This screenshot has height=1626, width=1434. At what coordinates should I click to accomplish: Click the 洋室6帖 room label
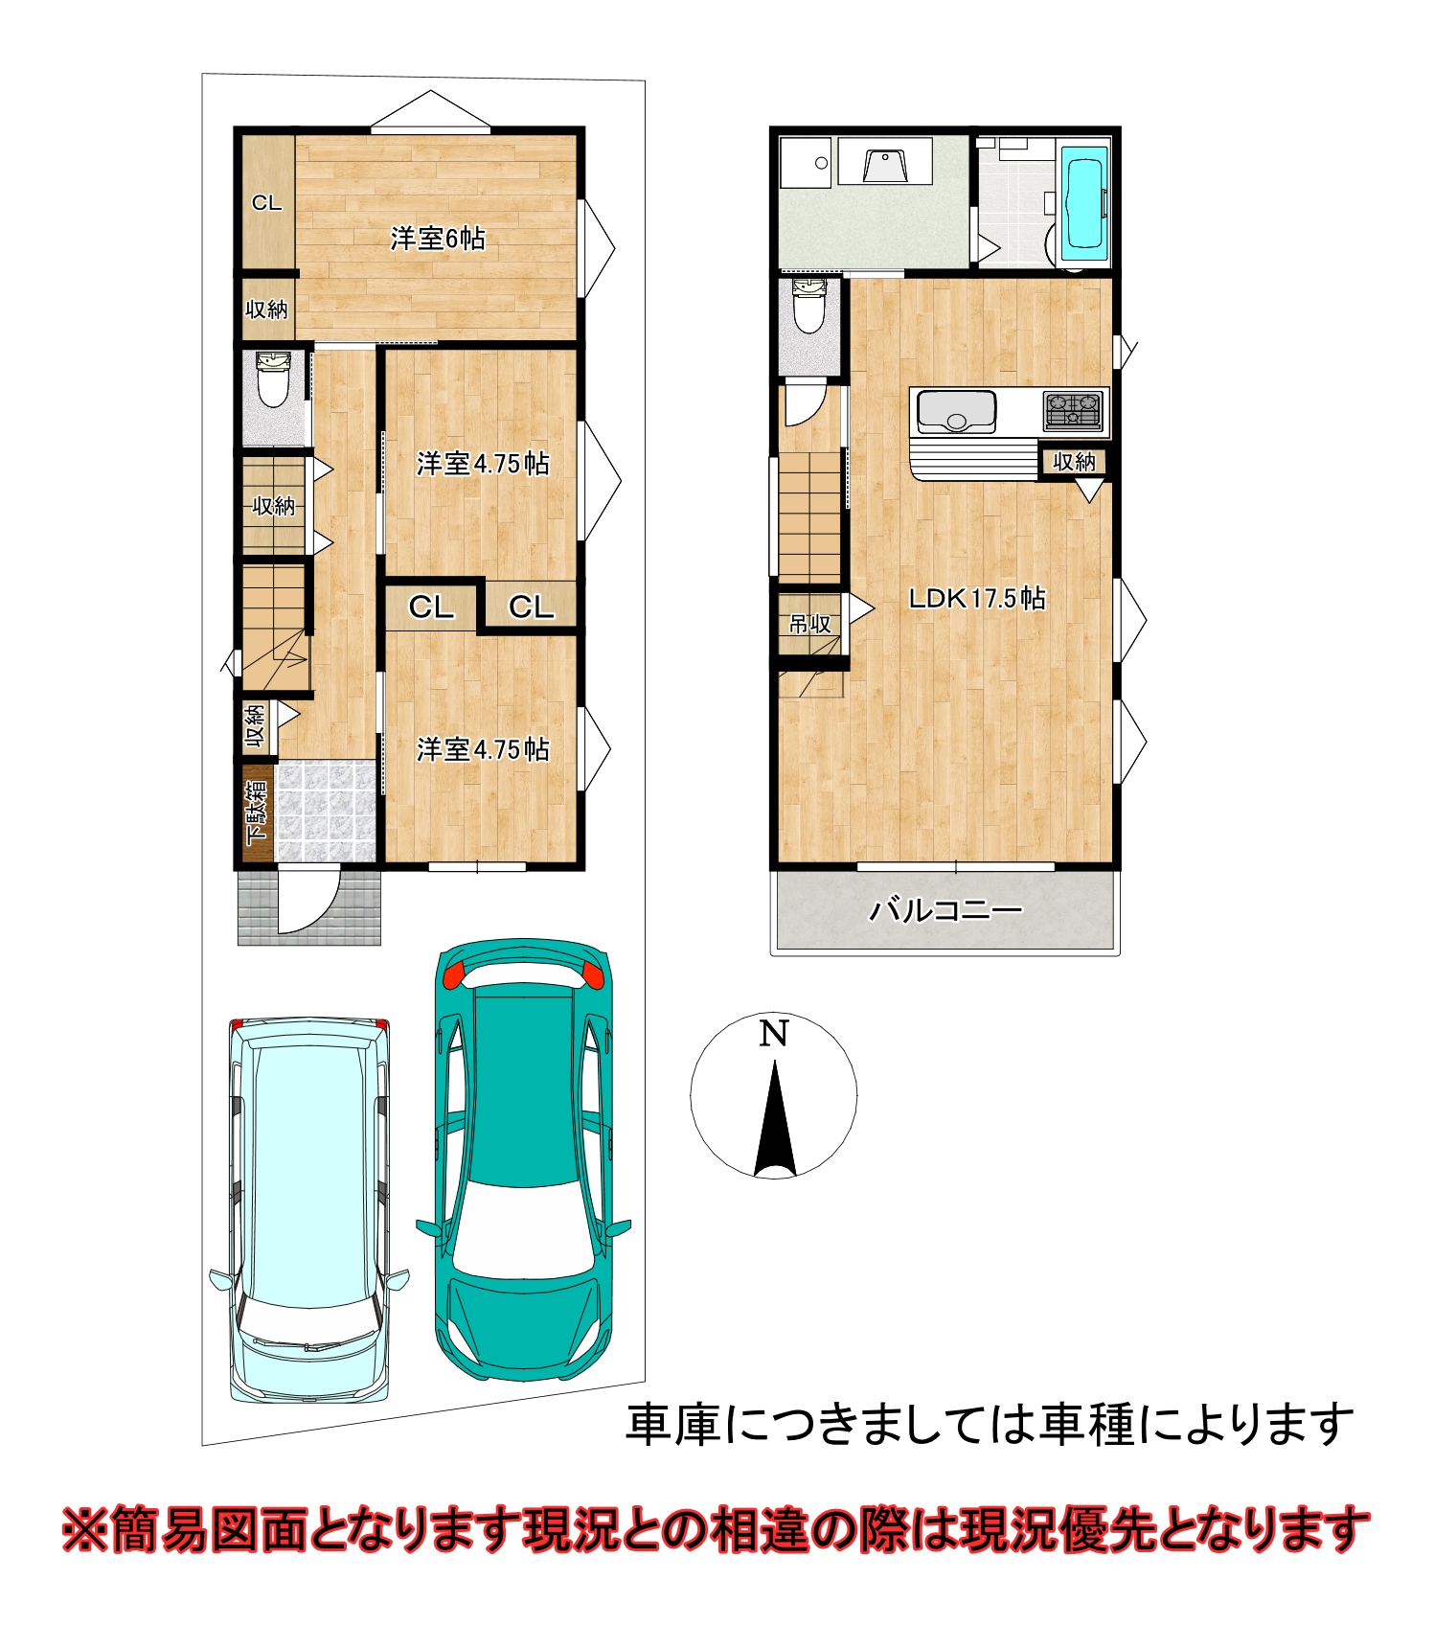click(437, 238)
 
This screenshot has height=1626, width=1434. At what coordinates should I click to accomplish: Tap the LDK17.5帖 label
click(976, 599)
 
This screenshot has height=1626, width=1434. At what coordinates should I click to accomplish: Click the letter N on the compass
click(774, 1034)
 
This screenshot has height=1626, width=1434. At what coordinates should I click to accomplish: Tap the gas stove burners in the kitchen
click(1073, 411)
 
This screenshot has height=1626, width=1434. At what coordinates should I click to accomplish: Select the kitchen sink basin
click(957, 411)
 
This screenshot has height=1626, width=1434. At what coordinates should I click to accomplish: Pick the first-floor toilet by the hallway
click(274, 378)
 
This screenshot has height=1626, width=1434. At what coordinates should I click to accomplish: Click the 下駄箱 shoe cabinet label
click(257, 813)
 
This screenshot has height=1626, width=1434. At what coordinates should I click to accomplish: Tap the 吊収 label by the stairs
click(809, 625)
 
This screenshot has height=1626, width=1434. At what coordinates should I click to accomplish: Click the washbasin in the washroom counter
click(884, 166)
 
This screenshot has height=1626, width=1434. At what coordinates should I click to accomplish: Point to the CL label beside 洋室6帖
click(266, 203)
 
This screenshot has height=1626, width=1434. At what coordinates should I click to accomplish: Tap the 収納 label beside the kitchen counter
click(1074, 462)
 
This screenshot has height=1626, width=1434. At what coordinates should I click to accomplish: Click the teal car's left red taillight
click(452, 974)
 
